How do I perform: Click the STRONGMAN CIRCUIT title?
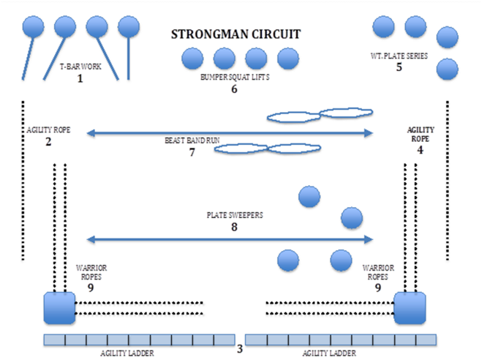click(236, 34)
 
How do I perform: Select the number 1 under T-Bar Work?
click(80, 78)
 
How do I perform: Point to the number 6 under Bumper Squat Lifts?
click(234, 89)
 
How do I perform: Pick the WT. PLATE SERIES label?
click(399, 56)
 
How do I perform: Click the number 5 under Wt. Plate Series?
click(399, 67)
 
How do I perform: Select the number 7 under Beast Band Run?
click(192, 152)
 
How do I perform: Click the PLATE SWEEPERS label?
click(235, 216)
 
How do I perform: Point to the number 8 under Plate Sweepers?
click(235, 228)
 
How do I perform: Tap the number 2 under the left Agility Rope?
click(48, 141)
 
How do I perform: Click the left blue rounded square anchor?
click(59, 307)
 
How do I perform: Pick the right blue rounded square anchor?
click(410, 307)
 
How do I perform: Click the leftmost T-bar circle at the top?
click(34, 28)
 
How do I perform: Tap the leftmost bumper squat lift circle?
click(192, 59)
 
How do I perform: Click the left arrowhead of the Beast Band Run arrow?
click(90, 132)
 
